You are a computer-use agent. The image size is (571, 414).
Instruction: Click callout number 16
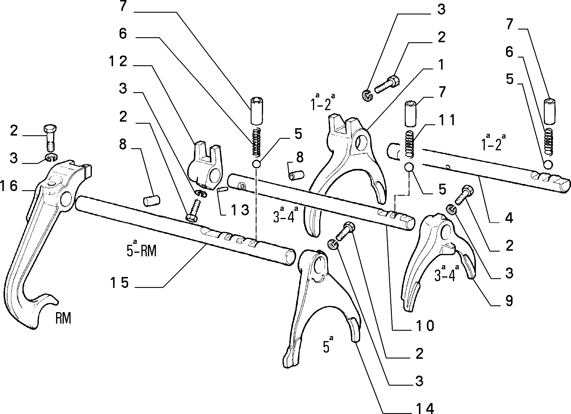click(9, 186)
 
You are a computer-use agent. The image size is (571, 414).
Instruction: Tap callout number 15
click(119, 283)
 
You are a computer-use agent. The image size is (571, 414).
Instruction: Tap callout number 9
click(509, 301)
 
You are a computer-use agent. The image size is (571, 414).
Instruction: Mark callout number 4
click(509, 218)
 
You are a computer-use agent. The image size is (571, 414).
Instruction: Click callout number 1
click(441, 65)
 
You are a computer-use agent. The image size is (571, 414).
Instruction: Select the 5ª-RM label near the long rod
click(141, 249)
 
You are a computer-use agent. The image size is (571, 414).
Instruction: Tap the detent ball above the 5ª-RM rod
click(256, 164)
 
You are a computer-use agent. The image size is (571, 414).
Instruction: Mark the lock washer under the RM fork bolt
click(52, 158)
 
